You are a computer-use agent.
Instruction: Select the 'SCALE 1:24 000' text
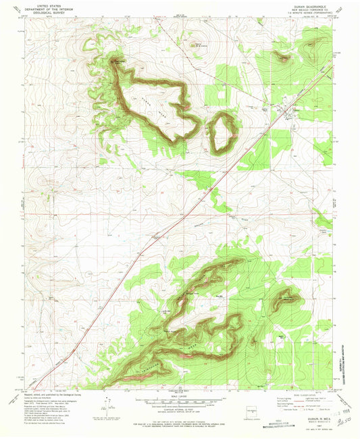pos(180,395)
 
